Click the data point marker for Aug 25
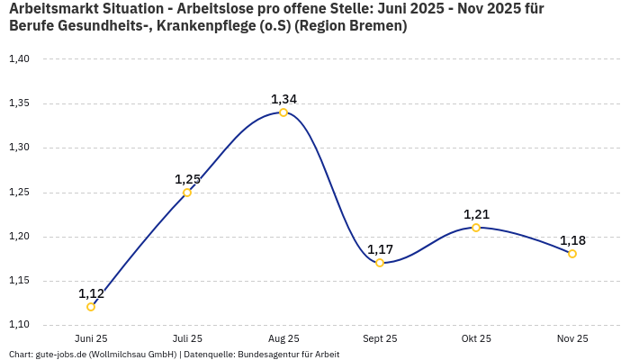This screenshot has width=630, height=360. (x=283, y=112)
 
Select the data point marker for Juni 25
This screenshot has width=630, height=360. (x=91, y=307)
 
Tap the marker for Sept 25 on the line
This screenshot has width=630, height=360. (x=380, y=263)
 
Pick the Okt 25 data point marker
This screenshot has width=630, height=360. (x=476, y=228)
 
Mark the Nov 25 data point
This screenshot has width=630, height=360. (x=572, y=254)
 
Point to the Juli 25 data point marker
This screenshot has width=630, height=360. (x=187, y=193)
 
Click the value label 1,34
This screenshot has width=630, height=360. (x=283, y=99)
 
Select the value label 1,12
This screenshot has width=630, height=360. (x=91, y=293)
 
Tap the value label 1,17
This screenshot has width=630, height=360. (x=380, y=249)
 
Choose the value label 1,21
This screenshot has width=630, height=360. (x=476, y=214)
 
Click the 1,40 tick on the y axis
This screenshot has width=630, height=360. (x=19, y=59)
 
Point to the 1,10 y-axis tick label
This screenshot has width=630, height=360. (x=19, y=325)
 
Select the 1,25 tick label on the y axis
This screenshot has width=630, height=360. (x=19, y=193)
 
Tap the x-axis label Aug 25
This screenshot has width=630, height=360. (x=283, y=339)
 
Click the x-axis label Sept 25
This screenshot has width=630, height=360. (x=380, y=339)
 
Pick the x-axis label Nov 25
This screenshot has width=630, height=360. (x=572, y=339)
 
